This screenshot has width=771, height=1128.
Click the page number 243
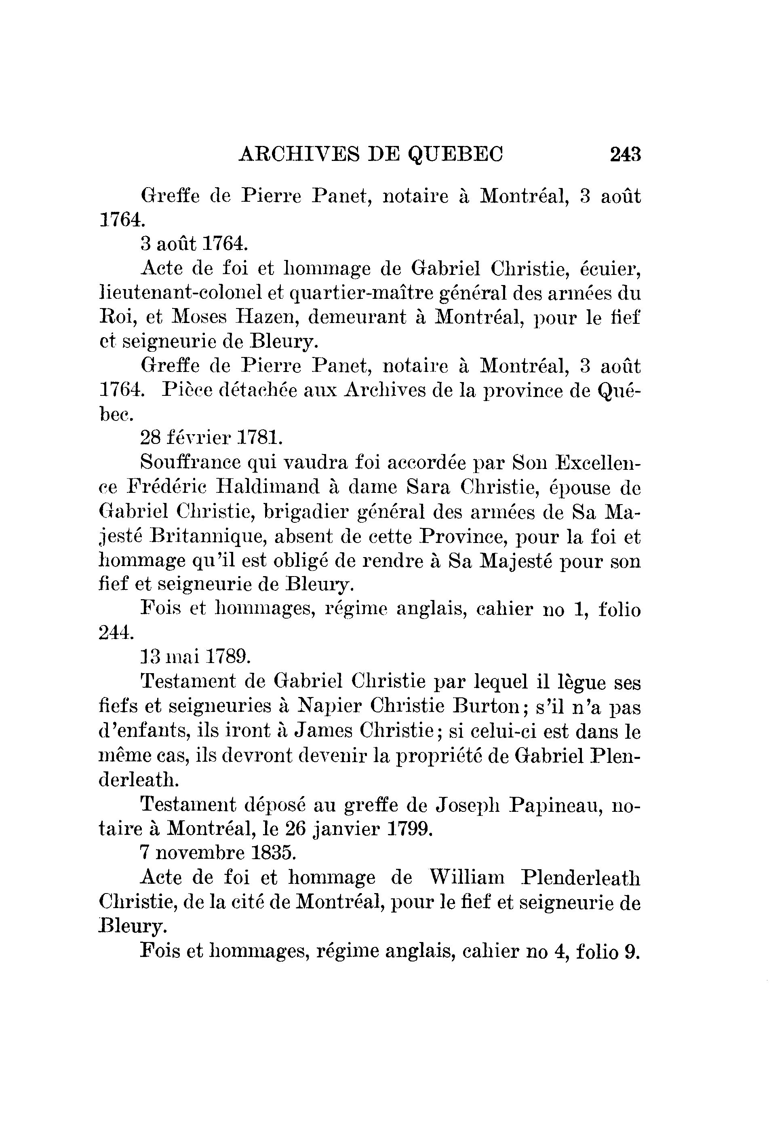point(626,155)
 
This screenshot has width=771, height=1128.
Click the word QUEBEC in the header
point(455,155)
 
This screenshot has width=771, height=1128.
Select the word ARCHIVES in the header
point(299,155)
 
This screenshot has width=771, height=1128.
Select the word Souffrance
point(191,462)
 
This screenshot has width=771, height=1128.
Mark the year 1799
point(409,828)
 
